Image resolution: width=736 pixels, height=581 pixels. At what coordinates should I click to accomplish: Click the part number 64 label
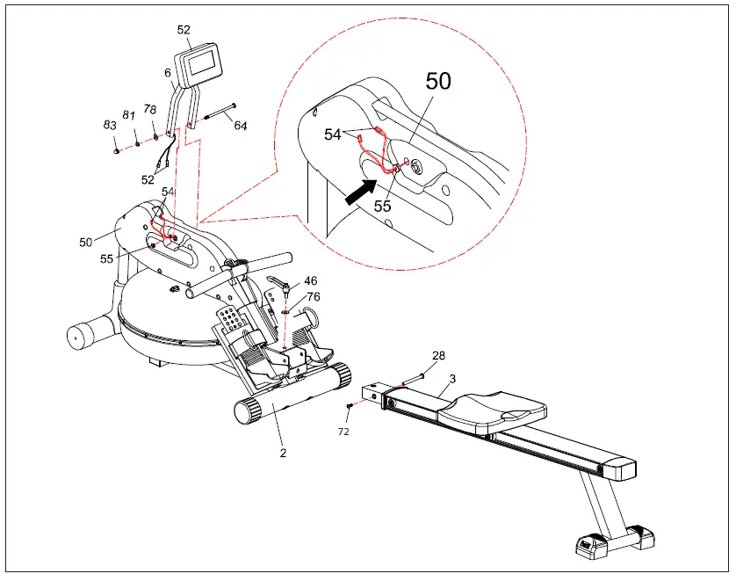point(240,126)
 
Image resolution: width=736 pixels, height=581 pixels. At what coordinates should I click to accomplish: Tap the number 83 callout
point(111,125)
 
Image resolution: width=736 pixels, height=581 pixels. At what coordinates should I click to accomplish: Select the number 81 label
point(129,115)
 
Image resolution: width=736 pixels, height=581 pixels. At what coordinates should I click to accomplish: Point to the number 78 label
point(150,110)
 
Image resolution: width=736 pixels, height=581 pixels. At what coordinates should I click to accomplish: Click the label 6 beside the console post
point(168,74)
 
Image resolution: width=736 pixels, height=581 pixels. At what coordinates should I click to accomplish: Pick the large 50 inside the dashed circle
point(438,82)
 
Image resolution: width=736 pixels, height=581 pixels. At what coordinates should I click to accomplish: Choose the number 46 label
point(311,280)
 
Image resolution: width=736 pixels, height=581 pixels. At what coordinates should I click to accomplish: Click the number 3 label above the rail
point(451,378)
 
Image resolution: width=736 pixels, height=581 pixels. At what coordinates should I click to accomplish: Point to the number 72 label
point(344,432)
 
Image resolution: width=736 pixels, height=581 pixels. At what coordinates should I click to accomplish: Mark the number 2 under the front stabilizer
point(283,454)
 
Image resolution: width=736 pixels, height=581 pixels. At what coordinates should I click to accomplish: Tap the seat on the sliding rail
point(497,410)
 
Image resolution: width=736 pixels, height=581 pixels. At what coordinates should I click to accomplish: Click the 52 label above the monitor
point(184,29)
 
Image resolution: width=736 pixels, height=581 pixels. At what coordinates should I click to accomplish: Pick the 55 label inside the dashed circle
point(382,207)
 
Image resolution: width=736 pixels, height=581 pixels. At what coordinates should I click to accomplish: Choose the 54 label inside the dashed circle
point(333,134)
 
